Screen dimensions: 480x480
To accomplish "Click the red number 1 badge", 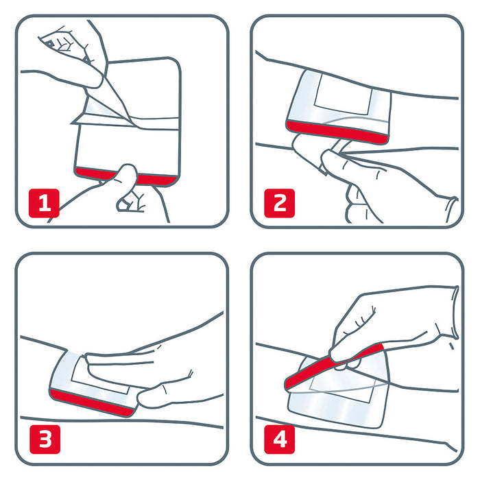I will [x=44, y=202].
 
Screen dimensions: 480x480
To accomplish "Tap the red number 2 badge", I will [x=280, y=202].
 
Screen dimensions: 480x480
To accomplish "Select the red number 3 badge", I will [x=44, y=438].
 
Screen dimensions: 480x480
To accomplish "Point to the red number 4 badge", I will [x=280, y=438].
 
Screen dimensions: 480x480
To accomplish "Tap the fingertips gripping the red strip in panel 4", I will [x=339, y=353].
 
